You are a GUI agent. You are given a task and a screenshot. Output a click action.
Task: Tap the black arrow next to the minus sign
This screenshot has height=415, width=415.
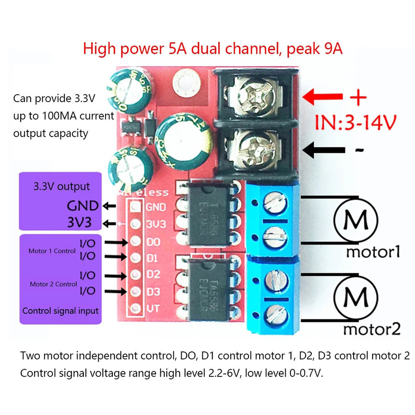point(324,150)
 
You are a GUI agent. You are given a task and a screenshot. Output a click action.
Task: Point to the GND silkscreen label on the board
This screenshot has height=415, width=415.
point(156,207)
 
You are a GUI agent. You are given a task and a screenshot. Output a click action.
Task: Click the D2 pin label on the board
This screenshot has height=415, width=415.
point(153,275)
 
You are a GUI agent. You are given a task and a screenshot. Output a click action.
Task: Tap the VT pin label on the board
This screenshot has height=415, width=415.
point(153,309)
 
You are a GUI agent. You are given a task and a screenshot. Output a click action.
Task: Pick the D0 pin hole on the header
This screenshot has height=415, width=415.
point(136,241)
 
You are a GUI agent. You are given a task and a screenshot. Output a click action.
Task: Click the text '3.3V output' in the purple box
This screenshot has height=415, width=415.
point(62,187)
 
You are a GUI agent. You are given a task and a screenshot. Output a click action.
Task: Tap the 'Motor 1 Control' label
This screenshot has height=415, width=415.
point(52,251)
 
